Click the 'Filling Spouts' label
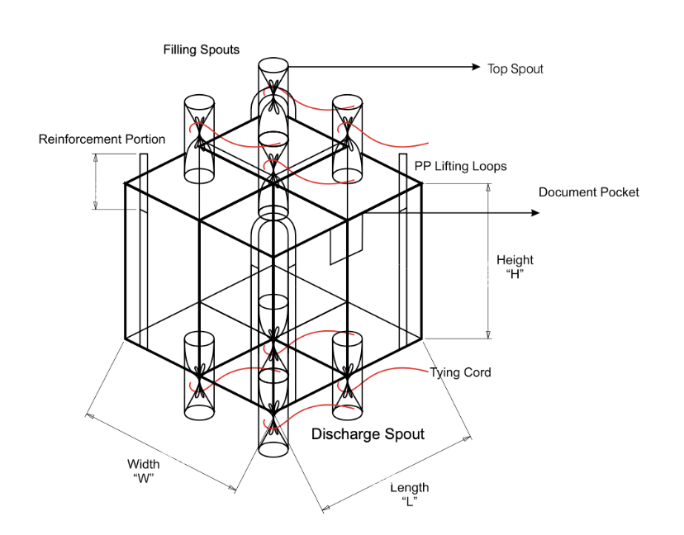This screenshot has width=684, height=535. point(201,50)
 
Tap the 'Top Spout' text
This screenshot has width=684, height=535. point(515,69)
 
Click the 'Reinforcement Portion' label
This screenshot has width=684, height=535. point(102,139)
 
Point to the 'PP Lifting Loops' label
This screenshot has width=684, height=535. point(460,166)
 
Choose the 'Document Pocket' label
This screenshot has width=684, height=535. point(589,192)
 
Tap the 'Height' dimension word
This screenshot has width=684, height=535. point(515,261)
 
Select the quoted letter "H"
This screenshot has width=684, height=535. point(515,275)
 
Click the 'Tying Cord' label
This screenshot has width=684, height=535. point(460,372)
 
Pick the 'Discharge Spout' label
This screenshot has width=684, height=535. point(368,433)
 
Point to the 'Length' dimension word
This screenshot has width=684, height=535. point(410,488)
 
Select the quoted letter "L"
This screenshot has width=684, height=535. point(410,502)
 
